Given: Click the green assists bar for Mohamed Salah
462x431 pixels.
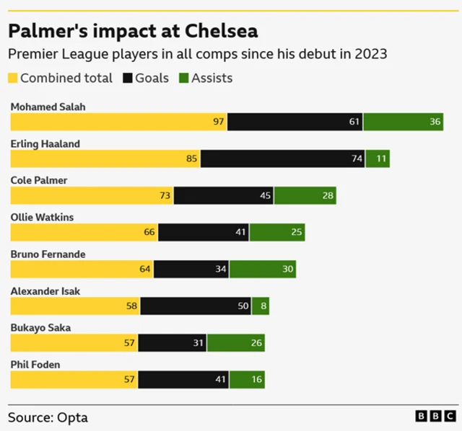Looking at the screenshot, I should pos(403,122).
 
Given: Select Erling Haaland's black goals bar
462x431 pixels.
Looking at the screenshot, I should pos(282,159).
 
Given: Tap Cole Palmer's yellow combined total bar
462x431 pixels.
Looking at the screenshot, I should pos(92,195).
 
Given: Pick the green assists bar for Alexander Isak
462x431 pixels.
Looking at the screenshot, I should pos(260,306).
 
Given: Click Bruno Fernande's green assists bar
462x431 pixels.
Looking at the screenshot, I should pos(262,269).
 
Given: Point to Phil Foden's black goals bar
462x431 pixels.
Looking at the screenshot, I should pos(183,379).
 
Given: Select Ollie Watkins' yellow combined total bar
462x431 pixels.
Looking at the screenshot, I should pos(84,232).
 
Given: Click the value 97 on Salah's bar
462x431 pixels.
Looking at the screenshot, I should pos(219,122).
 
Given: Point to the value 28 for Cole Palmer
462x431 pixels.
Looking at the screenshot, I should pos(328,195).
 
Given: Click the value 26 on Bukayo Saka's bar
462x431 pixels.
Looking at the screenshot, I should pos(257,342).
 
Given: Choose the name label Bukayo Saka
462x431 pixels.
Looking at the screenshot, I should pos(40,327).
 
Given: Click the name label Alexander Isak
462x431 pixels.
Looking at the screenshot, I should pos(45,290).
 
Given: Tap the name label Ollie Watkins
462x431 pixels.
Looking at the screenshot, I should pos(42,217).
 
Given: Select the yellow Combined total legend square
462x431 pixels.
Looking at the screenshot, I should pos(13,78).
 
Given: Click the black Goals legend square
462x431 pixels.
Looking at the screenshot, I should pos(128,78).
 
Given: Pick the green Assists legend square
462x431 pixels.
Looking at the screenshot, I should pos(184,78).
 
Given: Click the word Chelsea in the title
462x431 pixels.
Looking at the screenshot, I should pos(221,32).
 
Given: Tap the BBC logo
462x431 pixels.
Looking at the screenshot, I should pos(435,417).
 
